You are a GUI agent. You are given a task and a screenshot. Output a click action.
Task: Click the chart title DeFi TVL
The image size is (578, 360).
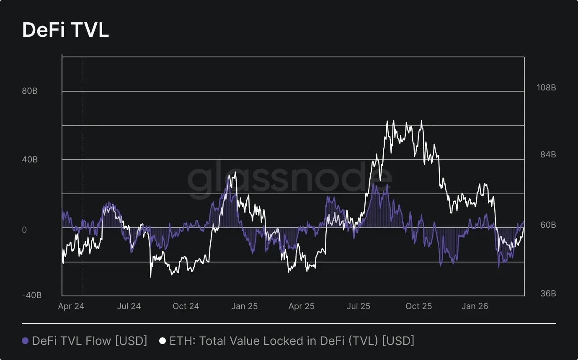click(x=65, y=30)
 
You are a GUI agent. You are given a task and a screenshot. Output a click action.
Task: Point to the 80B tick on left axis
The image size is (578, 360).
click(x=30, y=91)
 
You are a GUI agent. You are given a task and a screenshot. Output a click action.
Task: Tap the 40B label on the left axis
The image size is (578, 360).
click(x=30, y=159)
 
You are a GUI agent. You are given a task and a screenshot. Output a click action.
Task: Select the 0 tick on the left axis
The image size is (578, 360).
click(x=24, y=230)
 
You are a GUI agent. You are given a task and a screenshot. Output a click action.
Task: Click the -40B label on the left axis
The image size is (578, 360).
click(x=32, y=295)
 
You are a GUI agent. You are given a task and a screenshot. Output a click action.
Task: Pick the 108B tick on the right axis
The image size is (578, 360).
click(x=546, y=88)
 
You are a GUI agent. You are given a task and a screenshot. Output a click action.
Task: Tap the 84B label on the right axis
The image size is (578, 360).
click(x=546, y=155)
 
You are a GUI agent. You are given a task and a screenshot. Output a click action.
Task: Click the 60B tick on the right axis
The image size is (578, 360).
click(x=546, y=225)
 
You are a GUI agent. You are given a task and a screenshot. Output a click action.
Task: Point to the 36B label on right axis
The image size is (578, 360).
click(x=546, y=293)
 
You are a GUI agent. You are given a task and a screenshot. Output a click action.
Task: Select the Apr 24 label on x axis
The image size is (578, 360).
click(x=71, y=306)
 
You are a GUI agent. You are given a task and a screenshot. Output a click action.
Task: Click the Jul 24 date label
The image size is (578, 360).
click(x=129, y=306)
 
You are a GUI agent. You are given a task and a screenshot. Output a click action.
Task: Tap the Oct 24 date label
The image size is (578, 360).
click(x=186, y=306)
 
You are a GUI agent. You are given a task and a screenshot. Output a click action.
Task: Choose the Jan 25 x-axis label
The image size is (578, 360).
click(x=244, y=306)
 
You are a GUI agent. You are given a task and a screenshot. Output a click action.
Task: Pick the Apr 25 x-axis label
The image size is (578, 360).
click(x=301, y=306)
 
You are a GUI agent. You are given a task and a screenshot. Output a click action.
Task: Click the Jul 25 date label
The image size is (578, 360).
click(x=359, y=306)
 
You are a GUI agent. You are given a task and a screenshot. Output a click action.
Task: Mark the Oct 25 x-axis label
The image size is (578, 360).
click(x=418, y=306)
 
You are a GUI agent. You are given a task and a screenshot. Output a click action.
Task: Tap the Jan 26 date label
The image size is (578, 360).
click(x=475, y=306)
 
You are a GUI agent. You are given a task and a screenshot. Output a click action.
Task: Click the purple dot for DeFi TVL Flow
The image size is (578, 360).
click(x=25, y=341)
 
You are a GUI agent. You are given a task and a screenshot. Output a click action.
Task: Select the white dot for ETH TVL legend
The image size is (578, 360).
click(x=163, y=341)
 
